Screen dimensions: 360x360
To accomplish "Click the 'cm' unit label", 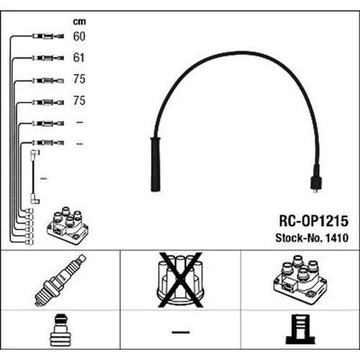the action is click(79, 22).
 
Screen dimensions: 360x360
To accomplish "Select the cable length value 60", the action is click(79, 37).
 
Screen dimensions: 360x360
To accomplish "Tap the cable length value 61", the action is click(78, 58).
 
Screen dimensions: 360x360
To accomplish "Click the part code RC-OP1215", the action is click(313, 221).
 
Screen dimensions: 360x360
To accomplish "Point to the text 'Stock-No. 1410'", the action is click(312, 238).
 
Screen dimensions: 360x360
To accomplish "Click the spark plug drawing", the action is click(60, 280).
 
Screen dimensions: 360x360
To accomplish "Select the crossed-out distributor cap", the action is click(180, 280).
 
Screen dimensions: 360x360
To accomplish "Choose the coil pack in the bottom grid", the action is click(300, 280).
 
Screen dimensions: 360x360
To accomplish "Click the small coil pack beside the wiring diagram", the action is click(68, 225).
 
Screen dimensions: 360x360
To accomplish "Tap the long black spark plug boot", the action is click(156, 164).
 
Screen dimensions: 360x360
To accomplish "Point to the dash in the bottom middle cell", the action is click(181, 332).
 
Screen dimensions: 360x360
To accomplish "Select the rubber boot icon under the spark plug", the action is click(60, 330).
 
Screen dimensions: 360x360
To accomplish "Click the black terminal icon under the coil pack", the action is click(300, 329).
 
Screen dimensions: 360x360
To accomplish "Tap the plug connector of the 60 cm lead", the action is click(48, 37).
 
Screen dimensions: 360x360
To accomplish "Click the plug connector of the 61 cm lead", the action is click(48, 58).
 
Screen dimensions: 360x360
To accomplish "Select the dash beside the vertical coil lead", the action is click(43, 179).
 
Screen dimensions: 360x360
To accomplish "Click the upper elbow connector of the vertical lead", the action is click(35, 153).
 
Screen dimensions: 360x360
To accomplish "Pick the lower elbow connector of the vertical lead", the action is click(35, 200).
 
